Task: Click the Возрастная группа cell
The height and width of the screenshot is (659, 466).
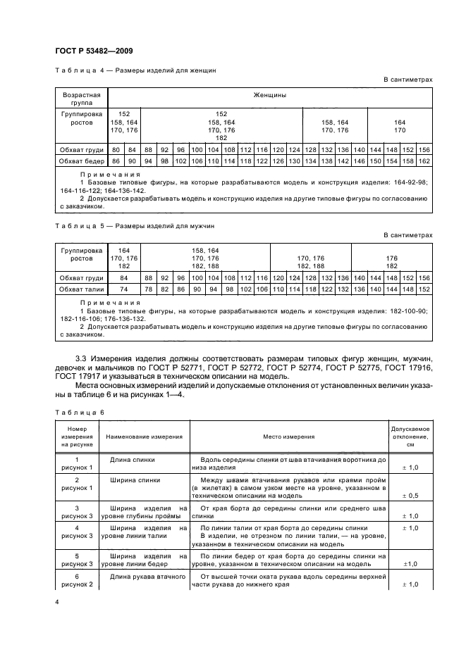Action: click(82, 97)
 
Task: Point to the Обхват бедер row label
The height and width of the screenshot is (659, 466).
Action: click(82, 161)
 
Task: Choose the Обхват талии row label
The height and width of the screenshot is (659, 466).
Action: click(82, 289)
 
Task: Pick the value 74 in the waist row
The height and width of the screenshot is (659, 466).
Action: click(124, 289)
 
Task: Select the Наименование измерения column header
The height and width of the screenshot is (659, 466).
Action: click(144, 437)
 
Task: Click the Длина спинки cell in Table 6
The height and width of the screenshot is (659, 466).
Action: click(133, 458)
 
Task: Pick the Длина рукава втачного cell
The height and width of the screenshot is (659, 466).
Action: click(144, 577)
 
